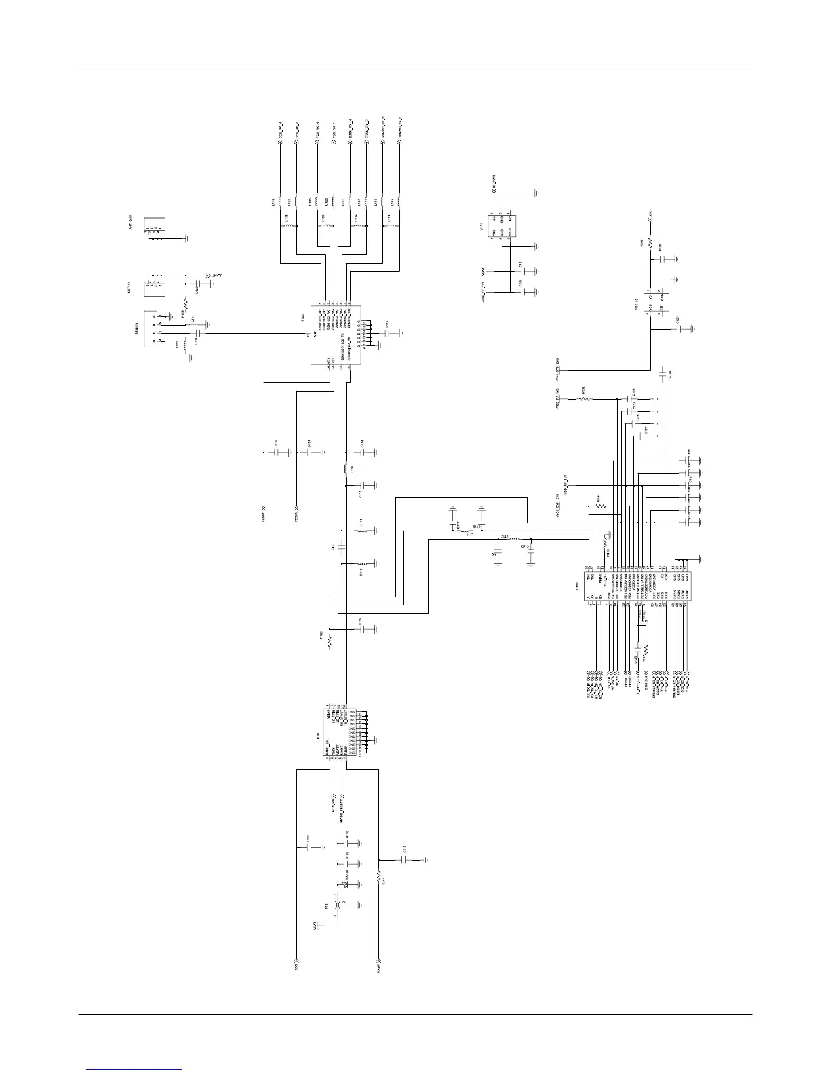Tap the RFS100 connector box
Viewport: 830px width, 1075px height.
(x=154, y=330)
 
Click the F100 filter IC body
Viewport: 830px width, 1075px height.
(x=337, y=333)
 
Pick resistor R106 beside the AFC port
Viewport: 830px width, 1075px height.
(x=650, y=242)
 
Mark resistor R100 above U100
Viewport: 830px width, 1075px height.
(x=330, y=640)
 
